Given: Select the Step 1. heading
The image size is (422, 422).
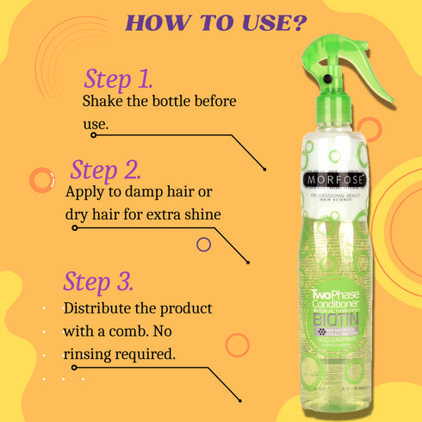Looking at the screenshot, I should (118, 79).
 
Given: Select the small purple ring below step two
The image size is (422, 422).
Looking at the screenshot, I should (204, 245).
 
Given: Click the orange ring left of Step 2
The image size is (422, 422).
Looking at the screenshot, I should (40, 179).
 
